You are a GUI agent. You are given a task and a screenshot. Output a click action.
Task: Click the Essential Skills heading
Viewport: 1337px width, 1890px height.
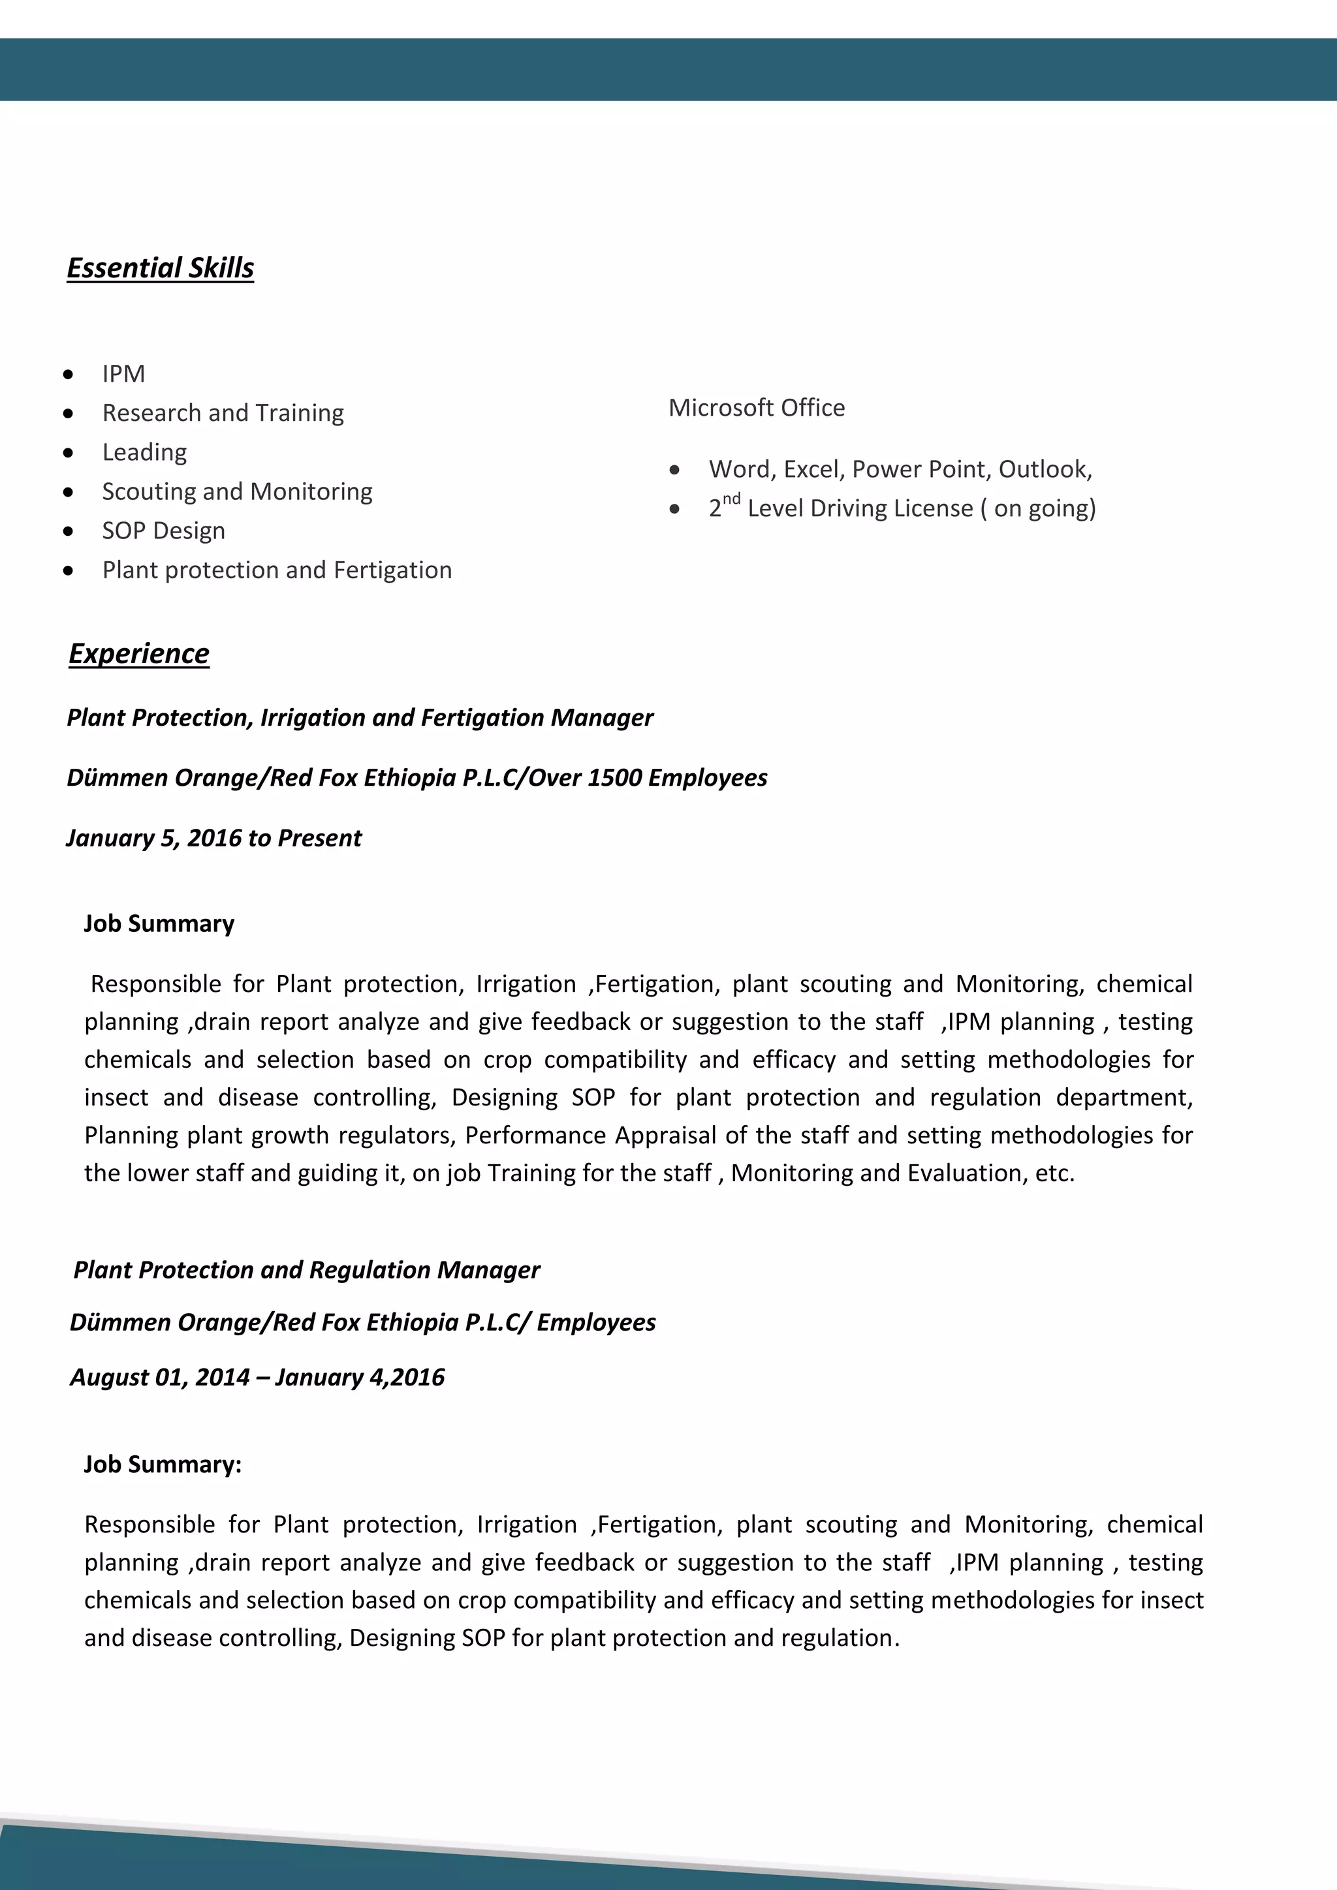(160, 268)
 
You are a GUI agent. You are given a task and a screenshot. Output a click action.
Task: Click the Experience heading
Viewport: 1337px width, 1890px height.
(138, 653)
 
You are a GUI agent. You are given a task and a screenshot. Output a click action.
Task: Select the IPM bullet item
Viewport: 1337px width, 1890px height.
(123, 374)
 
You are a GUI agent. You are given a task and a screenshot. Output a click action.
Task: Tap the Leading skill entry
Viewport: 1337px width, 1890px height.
(144, 452)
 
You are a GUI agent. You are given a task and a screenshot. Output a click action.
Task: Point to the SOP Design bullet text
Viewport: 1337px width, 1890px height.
(163, 531)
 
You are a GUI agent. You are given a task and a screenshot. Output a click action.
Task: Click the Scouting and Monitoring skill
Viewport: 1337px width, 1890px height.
(237, 491)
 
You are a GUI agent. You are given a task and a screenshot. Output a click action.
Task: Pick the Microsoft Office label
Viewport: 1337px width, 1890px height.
(756, 407)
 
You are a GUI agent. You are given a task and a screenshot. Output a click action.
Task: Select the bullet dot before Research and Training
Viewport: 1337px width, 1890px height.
(69, 413)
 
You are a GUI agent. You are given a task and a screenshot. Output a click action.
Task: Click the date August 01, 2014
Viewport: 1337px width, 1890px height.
(159, 1377)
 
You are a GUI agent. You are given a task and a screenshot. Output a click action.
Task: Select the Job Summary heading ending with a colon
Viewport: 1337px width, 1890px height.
(162, 1464)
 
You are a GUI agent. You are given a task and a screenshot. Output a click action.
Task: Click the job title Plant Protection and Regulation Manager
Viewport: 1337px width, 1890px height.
(306, 1270)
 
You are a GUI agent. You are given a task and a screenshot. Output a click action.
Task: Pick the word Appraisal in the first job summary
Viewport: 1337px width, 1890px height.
(665, 1135)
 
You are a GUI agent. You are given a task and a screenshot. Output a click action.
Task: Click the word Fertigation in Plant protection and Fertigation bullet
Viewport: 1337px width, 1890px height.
(393, 570)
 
